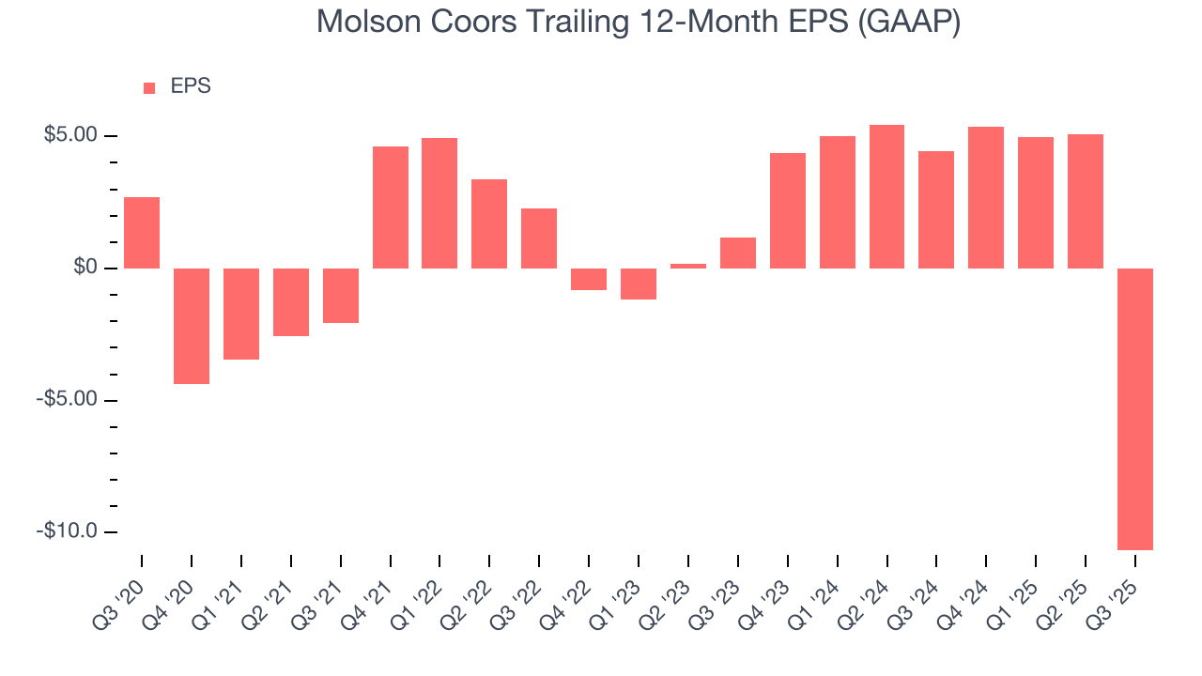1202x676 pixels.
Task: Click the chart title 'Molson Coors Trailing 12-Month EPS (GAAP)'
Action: (639, 21)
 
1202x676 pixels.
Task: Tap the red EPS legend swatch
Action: (149, 87)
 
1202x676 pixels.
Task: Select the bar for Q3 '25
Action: (1134, 408)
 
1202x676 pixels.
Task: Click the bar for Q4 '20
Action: (192, 326)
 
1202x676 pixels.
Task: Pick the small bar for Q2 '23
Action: (688, 266)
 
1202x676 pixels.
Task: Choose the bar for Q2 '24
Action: (886, 196)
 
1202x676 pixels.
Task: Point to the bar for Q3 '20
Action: (142, 233)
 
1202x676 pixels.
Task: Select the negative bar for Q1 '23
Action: (639, 284)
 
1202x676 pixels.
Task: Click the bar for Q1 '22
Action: (439, 203)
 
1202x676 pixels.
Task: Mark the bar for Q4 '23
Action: (788, 210)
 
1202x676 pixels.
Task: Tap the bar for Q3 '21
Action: (341, 296)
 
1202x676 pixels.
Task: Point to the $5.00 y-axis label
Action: (70, 135)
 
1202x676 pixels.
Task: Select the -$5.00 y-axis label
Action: (69, 399)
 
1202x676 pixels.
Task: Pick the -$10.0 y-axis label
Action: (69, 531)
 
